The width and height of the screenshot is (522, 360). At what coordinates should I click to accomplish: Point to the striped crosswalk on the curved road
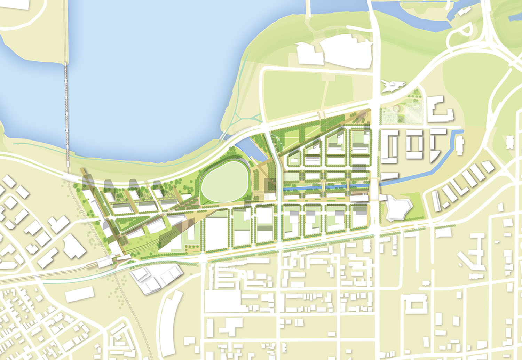point(322,114)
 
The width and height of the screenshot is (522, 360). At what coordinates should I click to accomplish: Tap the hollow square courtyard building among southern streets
point(416,306)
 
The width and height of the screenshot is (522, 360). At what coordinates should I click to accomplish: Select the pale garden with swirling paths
point(402,115)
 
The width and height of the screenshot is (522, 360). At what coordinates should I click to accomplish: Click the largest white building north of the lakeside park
point(346,52)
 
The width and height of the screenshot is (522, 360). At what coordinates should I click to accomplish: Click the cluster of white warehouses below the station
point(157,278)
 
